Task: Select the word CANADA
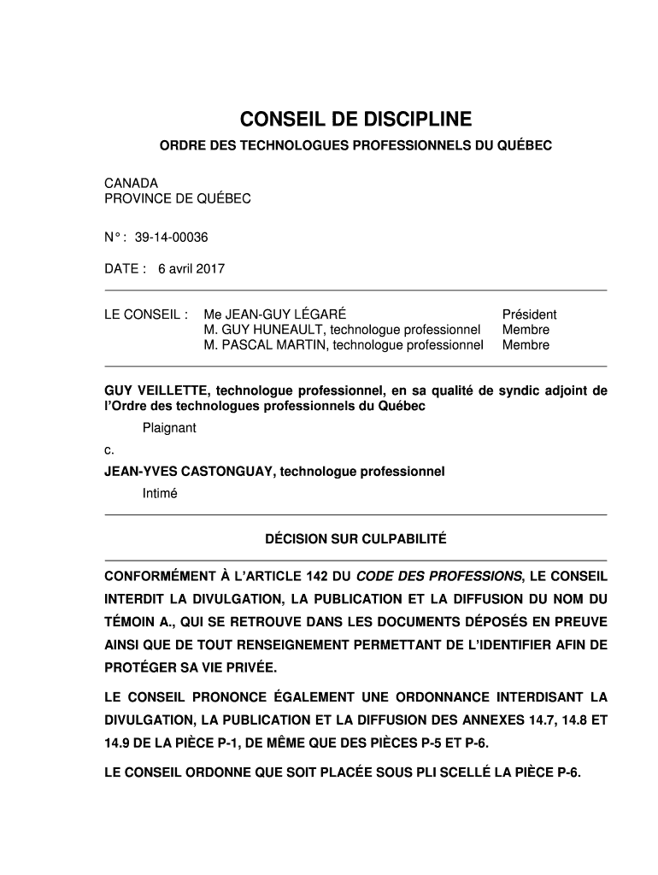coord(131,183)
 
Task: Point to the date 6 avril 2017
coord(191,269)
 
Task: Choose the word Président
coord(529,314)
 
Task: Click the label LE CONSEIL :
coord(145,314)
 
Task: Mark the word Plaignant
coord(169,428)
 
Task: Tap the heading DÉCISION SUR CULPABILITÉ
coord(355,539)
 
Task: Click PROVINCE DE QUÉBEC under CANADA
coord(178,198)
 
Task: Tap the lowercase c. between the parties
coord(109,449)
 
